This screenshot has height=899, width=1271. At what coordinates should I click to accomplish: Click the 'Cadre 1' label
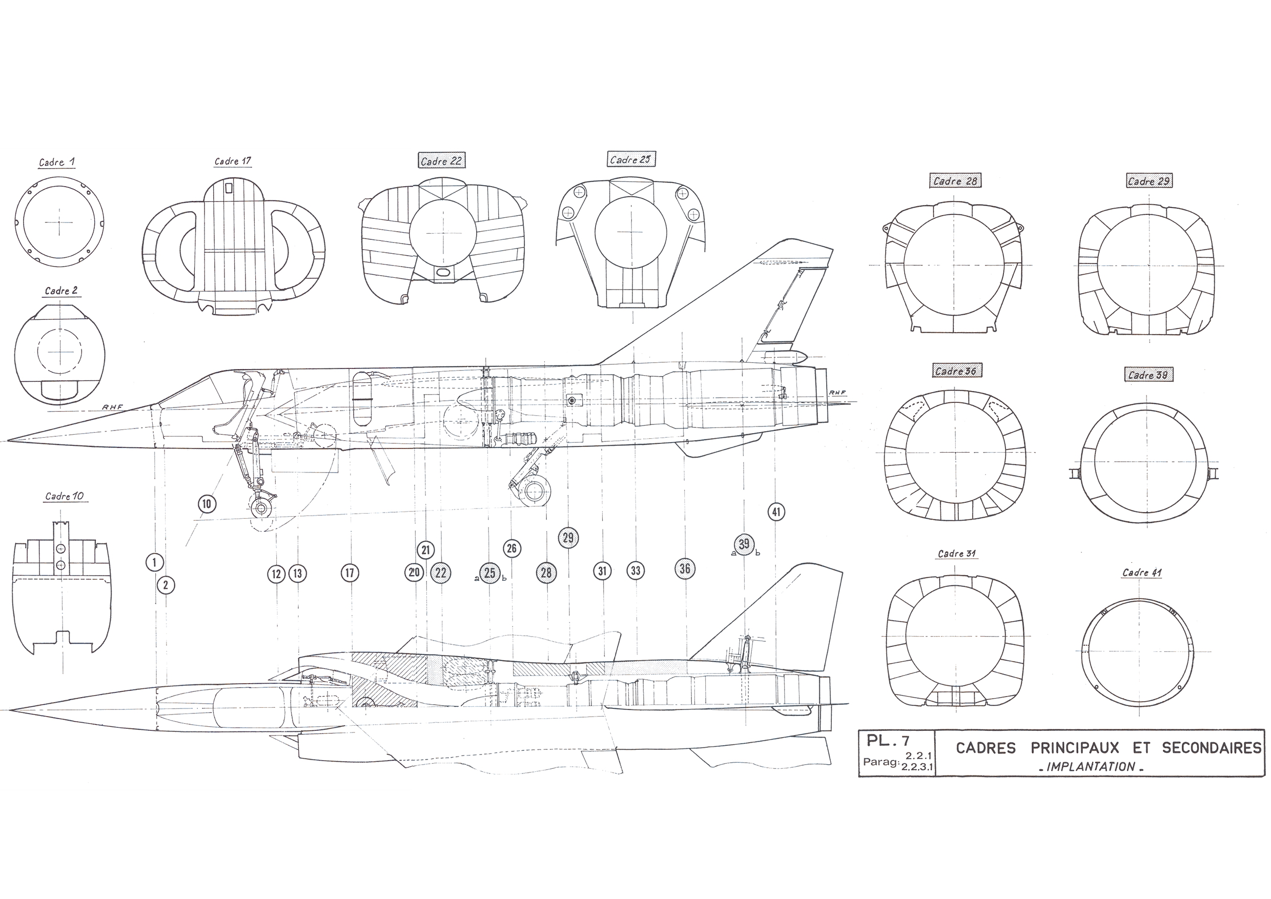56,162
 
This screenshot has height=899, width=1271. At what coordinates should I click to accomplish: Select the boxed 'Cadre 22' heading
441,160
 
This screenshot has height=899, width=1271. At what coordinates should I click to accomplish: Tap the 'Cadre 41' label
1141,573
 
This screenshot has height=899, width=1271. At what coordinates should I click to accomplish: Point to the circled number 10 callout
207,504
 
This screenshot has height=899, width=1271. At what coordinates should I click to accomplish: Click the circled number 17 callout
350,573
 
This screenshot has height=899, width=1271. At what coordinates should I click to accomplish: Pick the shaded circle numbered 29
568,538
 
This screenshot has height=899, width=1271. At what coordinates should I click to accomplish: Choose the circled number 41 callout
776,512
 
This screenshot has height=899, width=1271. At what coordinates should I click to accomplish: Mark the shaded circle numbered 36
685,568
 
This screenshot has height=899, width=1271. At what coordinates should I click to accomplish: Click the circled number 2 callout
166,585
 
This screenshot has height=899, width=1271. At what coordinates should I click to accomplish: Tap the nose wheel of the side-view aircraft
261,506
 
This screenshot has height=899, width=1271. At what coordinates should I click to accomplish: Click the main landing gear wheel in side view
535,491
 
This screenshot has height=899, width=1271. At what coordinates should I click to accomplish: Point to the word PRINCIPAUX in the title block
1075,748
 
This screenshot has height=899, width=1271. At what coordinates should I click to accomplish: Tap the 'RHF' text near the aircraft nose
112,407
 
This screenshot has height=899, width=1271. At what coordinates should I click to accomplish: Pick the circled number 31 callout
602,571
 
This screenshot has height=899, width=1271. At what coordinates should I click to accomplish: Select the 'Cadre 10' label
64,496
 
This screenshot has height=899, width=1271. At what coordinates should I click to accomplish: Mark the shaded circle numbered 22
441,573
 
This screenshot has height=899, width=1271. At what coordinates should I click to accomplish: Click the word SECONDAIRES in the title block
1211,748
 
